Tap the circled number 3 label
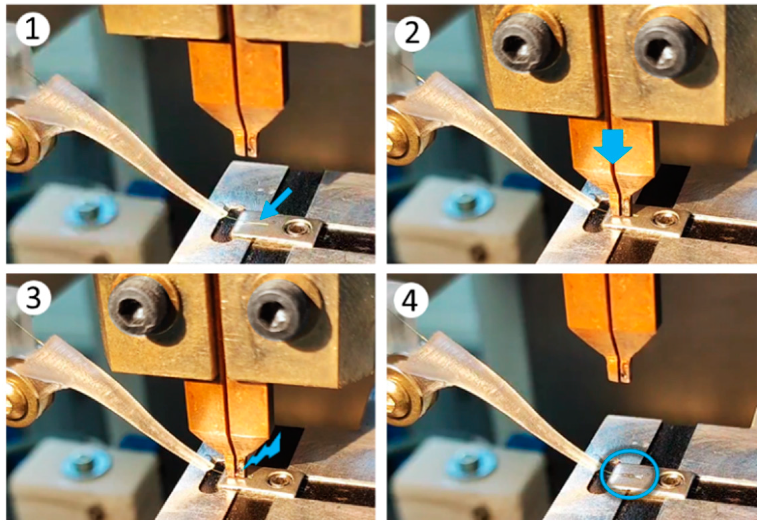point(34,297)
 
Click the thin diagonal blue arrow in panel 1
point(276,204)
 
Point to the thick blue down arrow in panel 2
point(613,146)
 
